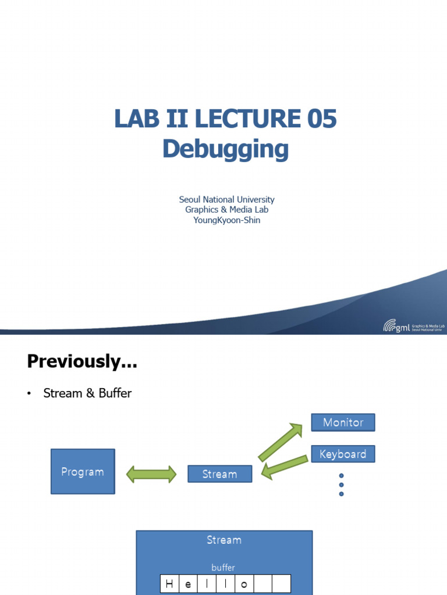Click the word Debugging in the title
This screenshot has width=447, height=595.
(x=225, y=149)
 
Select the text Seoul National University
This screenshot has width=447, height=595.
(x=226, y=199)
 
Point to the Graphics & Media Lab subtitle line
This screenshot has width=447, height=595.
(x=226, y=210)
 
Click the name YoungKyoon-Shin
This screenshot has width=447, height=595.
(x=226, y=220)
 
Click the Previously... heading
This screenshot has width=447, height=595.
(x=82, y=361)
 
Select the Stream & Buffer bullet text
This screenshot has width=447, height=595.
(x=87, y=393)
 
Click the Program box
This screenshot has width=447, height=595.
(x=83, y=471)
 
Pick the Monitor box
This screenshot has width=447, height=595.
(x=343, y=422)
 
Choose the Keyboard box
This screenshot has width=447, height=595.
(x=343, y=454)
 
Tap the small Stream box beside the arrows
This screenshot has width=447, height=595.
(x=219, y=474)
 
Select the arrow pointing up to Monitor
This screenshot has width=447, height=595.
(x=281, y=442)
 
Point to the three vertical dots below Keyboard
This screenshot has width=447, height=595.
(x=341, y=485)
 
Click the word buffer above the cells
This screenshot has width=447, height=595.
(x=224, y=567)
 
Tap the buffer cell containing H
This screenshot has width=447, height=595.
(x=169, y=584)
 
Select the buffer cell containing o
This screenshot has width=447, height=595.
(x=244, y=584)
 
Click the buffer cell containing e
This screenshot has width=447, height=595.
(x=188, y=584)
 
